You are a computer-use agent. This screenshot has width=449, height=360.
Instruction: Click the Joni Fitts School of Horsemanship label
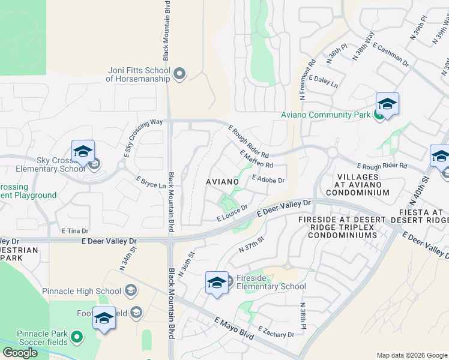[138, 74]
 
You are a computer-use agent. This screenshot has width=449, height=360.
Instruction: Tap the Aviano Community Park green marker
[379, 115]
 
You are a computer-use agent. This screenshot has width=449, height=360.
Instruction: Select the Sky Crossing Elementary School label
[44, 164]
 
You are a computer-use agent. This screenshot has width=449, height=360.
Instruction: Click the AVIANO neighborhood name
[223, 181]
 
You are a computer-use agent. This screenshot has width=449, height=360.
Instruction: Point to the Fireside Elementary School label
[271, 282]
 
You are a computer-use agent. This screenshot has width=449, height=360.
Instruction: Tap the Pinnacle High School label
[82, 291]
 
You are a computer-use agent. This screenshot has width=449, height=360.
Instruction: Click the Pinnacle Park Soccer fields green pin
[76, 338]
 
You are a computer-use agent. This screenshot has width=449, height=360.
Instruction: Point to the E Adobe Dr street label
[268, 179]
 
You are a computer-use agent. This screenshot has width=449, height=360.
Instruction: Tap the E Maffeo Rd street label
[256, 159]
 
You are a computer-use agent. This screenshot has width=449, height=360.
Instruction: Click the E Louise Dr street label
[232, 214]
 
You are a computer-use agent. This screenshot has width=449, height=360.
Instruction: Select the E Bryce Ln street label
[151, 182]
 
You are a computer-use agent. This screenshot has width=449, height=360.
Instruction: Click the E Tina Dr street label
[74, 230]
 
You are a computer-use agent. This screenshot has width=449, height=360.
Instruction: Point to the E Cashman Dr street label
[391, 54]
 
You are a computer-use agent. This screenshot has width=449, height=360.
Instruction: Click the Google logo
[20, 353]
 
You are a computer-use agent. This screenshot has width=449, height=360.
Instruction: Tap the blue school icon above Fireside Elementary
[217, 283]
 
